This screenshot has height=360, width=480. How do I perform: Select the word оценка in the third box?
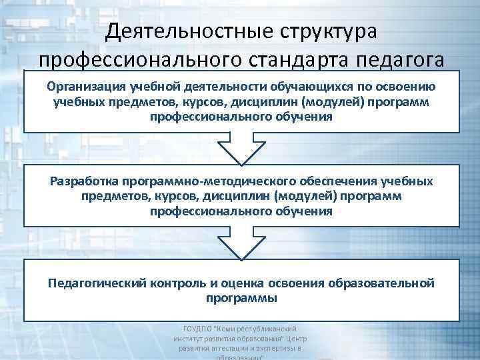coord(249,283)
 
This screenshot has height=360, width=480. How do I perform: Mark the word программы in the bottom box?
coord(241,298)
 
